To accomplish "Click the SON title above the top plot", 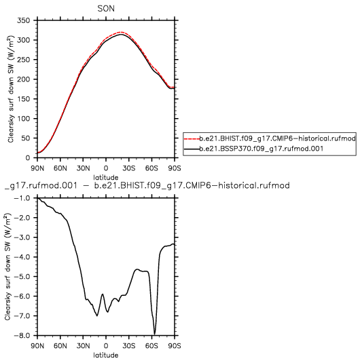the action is (106, 9).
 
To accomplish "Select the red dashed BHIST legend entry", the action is (270, 138).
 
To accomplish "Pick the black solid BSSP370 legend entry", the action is (253, 149).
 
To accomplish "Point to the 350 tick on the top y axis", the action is (24, 20).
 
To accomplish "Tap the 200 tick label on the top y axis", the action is (24, 79).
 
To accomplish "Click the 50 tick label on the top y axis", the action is (26, 138).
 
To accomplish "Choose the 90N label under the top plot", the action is (37, 168).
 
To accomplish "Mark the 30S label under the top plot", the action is (129, 168).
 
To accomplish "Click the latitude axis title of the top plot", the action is (106, 178).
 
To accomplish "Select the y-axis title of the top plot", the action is (11, 89).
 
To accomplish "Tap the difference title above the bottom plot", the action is (147, 185).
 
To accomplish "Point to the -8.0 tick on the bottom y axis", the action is (22, 335).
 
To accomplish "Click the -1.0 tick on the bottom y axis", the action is (22, 198).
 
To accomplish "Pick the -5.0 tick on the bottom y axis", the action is (22, 277).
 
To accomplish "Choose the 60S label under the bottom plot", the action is (151, 345).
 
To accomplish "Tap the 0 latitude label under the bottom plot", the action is (106, 345).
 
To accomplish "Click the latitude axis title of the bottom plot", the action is (106, 355).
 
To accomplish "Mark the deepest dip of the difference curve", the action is (155, 334).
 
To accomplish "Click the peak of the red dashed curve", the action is (120, 32).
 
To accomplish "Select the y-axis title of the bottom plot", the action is (7, 267).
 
